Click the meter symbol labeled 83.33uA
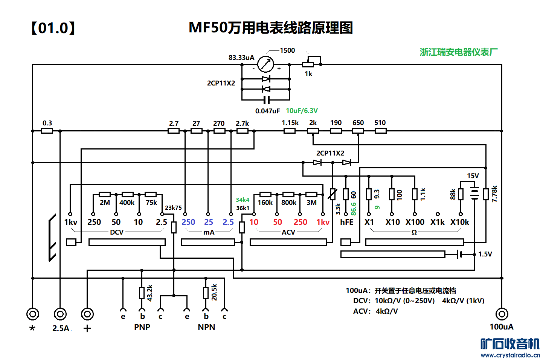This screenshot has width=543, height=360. pos(265,64)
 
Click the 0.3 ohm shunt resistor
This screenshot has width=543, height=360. pos(47,131)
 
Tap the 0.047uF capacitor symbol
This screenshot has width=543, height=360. pos(266,100)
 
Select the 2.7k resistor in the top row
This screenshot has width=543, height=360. pos(242,131)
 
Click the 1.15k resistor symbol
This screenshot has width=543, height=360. pos(289,131)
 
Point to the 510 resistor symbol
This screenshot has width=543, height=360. pos(380,131)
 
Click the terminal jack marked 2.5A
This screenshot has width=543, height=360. pos(60,314)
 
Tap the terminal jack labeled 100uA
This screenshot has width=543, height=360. pos(502,314)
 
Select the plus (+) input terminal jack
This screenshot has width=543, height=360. pos(87,314)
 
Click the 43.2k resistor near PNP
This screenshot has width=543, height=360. pos(142,293)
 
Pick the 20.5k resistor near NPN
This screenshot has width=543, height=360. pos(206,293)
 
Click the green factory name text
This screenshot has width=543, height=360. pos(458,52)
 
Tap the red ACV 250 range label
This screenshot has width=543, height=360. pos(300,222)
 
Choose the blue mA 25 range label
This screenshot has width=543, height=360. pos(209,222)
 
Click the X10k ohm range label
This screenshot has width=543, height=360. pos(460,222)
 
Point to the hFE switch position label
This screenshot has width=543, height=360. pos(347,222)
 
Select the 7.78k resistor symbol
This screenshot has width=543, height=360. pos(486,194)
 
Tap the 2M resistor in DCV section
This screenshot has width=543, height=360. pos(105,195)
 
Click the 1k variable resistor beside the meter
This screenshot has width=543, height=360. pos(308,64)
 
